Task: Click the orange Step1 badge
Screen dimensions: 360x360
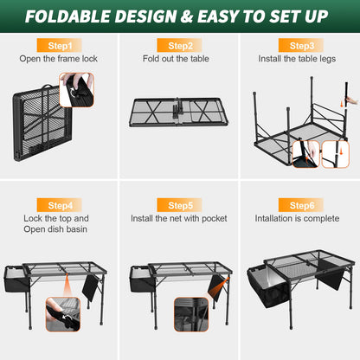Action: click(x=60, y=45)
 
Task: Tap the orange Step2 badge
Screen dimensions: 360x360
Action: click(x=180, y=45)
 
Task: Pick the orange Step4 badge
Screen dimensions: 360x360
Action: click(x=60, y=205)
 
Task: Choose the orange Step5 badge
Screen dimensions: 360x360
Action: click(x=180, y=205)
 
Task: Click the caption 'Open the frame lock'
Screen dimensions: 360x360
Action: click(x=60, y=59)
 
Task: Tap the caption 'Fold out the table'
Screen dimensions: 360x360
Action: click(x=180, y=59)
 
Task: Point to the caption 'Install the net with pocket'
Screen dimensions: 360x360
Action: click(x=180, y=219)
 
